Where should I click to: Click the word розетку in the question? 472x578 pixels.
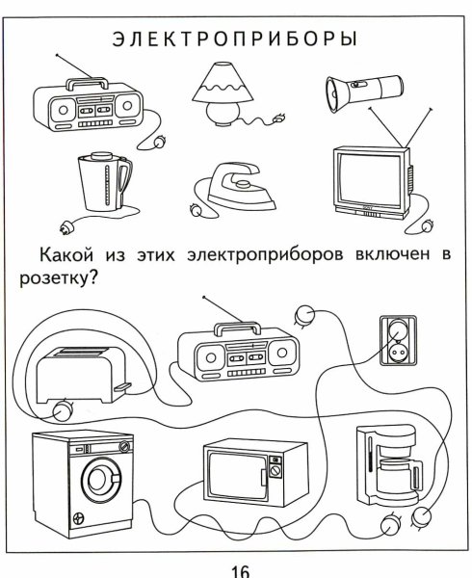point(63,277)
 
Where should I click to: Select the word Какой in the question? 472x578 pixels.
point(64,255)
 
